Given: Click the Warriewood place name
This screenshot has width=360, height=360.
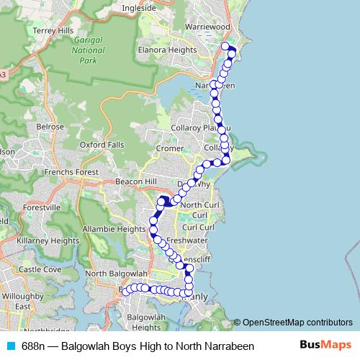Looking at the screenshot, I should pyautogui.click(x=207, y=26).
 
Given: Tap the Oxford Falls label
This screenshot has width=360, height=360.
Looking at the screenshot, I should pyautogui.click(x=102, y=145).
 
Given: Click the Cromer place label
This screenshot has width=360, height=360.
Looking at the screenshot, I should pyautogui.click(x=170, y=148).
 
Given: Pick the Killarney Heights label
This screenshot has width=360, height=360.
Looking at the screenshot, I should pyautogui.click(x=49, y=240).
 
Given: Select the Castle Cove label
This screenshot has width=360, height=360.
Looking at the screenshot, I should pyautogui.click(x=40, y=269).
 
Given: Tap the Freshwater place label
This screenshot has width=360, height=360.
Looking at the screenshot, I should pyautogui.click(x=186, y=239).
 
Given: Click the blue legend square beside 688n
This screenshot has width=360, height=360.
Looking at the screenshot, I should pyautogui.click(x=12, y=346).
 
